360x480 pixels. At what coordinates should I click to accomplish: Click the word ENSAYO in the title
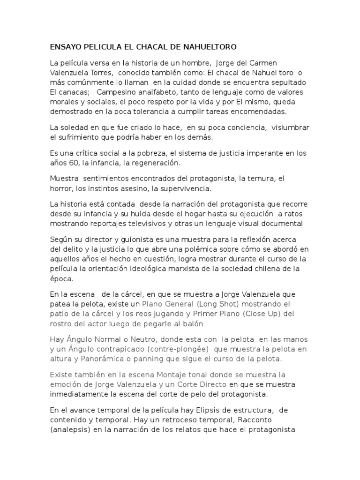point(66,47)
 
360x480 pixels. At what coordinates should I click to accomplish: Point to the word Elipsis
point(196,410)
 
